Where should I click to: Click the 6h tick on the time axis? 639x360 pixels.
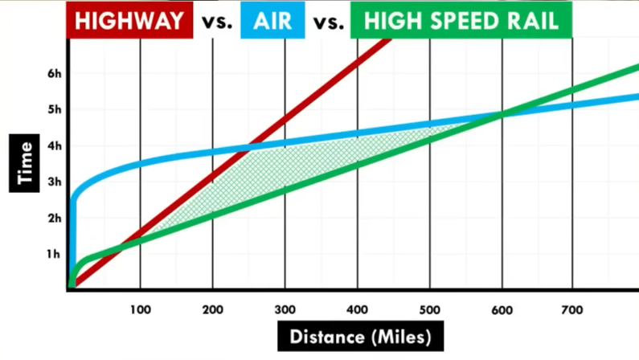[x=54, y=73]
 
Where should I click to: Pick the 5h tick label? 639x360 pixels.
[x=54, y=109]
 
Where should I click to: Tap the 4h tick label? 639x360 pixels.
[x=54, y=145]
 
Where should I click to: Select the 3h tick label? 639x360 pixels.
[x=54, y=182]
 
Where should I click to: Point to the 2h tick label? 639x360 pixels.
[x=54, y=218]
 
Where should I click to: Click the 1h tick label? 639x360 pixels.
[x=54, y=254]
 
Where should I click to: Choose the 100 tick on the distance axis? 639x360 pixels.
[x=140, y=307]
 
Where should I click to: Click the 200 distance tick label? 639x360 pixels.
[x=212, y=307]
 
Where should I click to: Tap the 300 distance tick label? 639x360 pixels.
[x=285, y=307]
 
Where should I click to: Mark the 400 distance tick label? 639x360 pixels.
[x=357, y=307]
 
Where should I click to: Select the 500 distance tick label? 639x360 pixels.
[x=429, y=307]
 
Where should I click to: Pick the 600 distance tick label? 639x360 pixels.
[x=502, y=307]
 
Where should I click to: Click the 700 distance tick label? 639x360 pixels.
[x=573, y=307]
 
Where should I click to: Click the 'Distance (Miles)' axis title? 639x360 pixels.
[x=359, y=336]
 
